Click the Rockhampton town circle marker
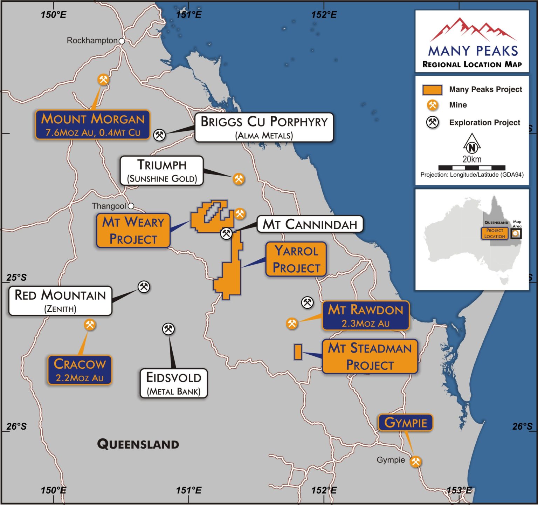(x=122, y=41)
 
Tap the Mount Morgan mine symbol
(x=103, y=80)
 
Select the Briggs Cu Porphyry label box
(x=264, y=127)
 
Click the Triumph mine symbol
(x=239, y=179)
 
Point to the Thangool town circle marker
(x=131, y=206)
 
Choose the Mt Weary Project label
(x=133, y=231)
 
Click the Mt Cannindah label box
(x=310, y=224)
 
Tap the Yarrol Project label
(x=296, y=259)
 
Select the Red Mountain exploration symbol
(x=144, y=287)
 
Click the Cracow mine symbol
(x=90, y=325)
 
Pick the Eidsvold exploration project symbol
(x=168, y=329)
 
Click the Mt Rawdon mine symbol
(x=292, y=323)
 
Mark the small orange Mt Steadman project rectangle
(x=298, y=352)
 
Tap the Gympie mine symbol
(x=416, y=462)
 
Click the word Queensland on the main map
(x=138, y=444)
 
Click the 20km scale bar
(x=472, y=168)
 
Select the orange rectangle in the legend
(x=432, y=90)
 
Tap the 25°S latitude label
(x=16, y=278)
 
